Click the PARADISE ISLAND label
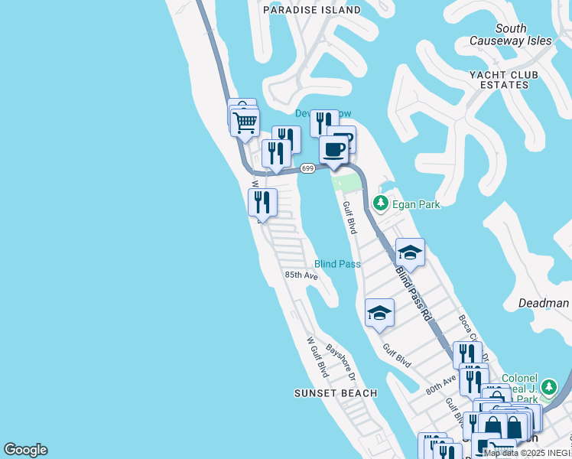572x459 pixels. [x=311, y=10]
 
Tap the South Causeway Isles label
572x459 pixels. [x=510, y=34]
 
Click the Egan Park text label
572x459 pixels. [x=417, y=204]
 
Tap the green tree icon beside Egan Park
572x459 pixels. [x=381, y=203]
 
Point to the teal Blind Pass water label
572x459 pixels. [x=337, y=264]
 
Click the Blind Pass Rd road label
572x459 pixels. [x=414, y=292]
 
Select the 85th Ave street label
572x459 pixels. [x=301, y=275]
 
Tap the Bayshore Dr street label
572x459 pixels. [x=341, y=362]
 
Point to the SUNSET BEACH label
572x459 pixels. [x=336, y=393]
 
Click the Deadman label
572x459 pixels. [x=544, y=303]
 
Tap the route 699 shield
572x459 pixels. [x=307, y=168]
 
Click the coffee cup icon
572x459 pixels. [x=333, y=148]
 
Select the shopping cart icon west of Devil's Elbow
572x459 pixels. [x=245, y=122]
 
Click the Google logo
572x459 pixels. [x=25, y=450]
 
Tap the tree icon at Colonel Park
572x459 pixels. [x=548, y=389]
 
